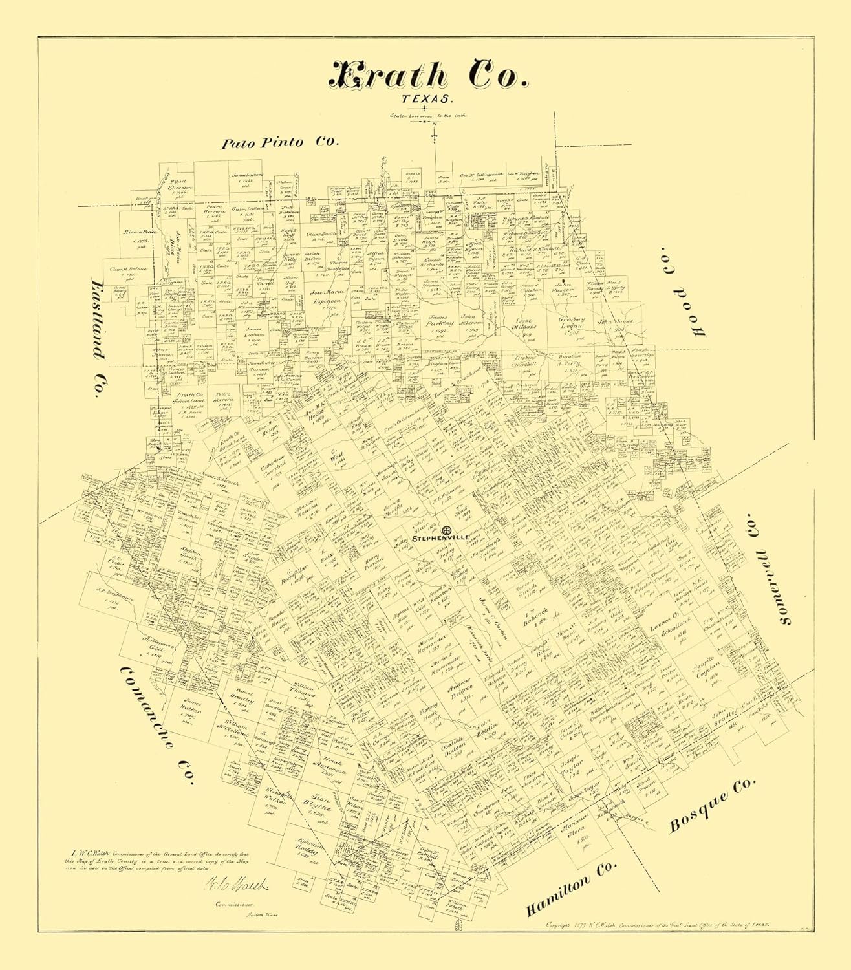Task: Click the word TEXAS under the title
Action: [x=427, y=99]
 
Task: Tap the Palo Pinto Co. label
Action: [x=279, y=143]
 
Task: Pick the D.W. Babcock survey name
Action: [x=535, y=612]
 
